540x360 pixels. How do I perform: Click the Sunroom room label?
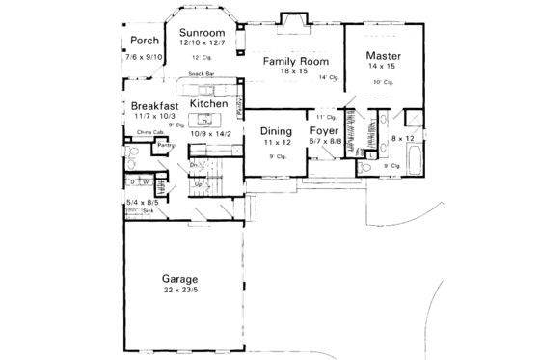(202, 32)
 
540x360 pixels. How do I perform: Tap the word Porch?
(144, 42)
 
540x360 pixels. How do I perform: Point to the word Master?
(384, 56)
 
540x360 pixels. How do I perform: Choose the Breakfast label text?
(152, 104)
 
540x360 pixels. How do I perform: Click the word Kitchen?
(208, 103)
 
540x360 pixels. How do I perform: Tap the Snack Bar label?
(201, 74)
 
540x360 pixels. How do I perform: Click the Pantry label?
(139, 145)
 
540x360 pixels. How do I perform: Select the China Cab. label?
(148, 131)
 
